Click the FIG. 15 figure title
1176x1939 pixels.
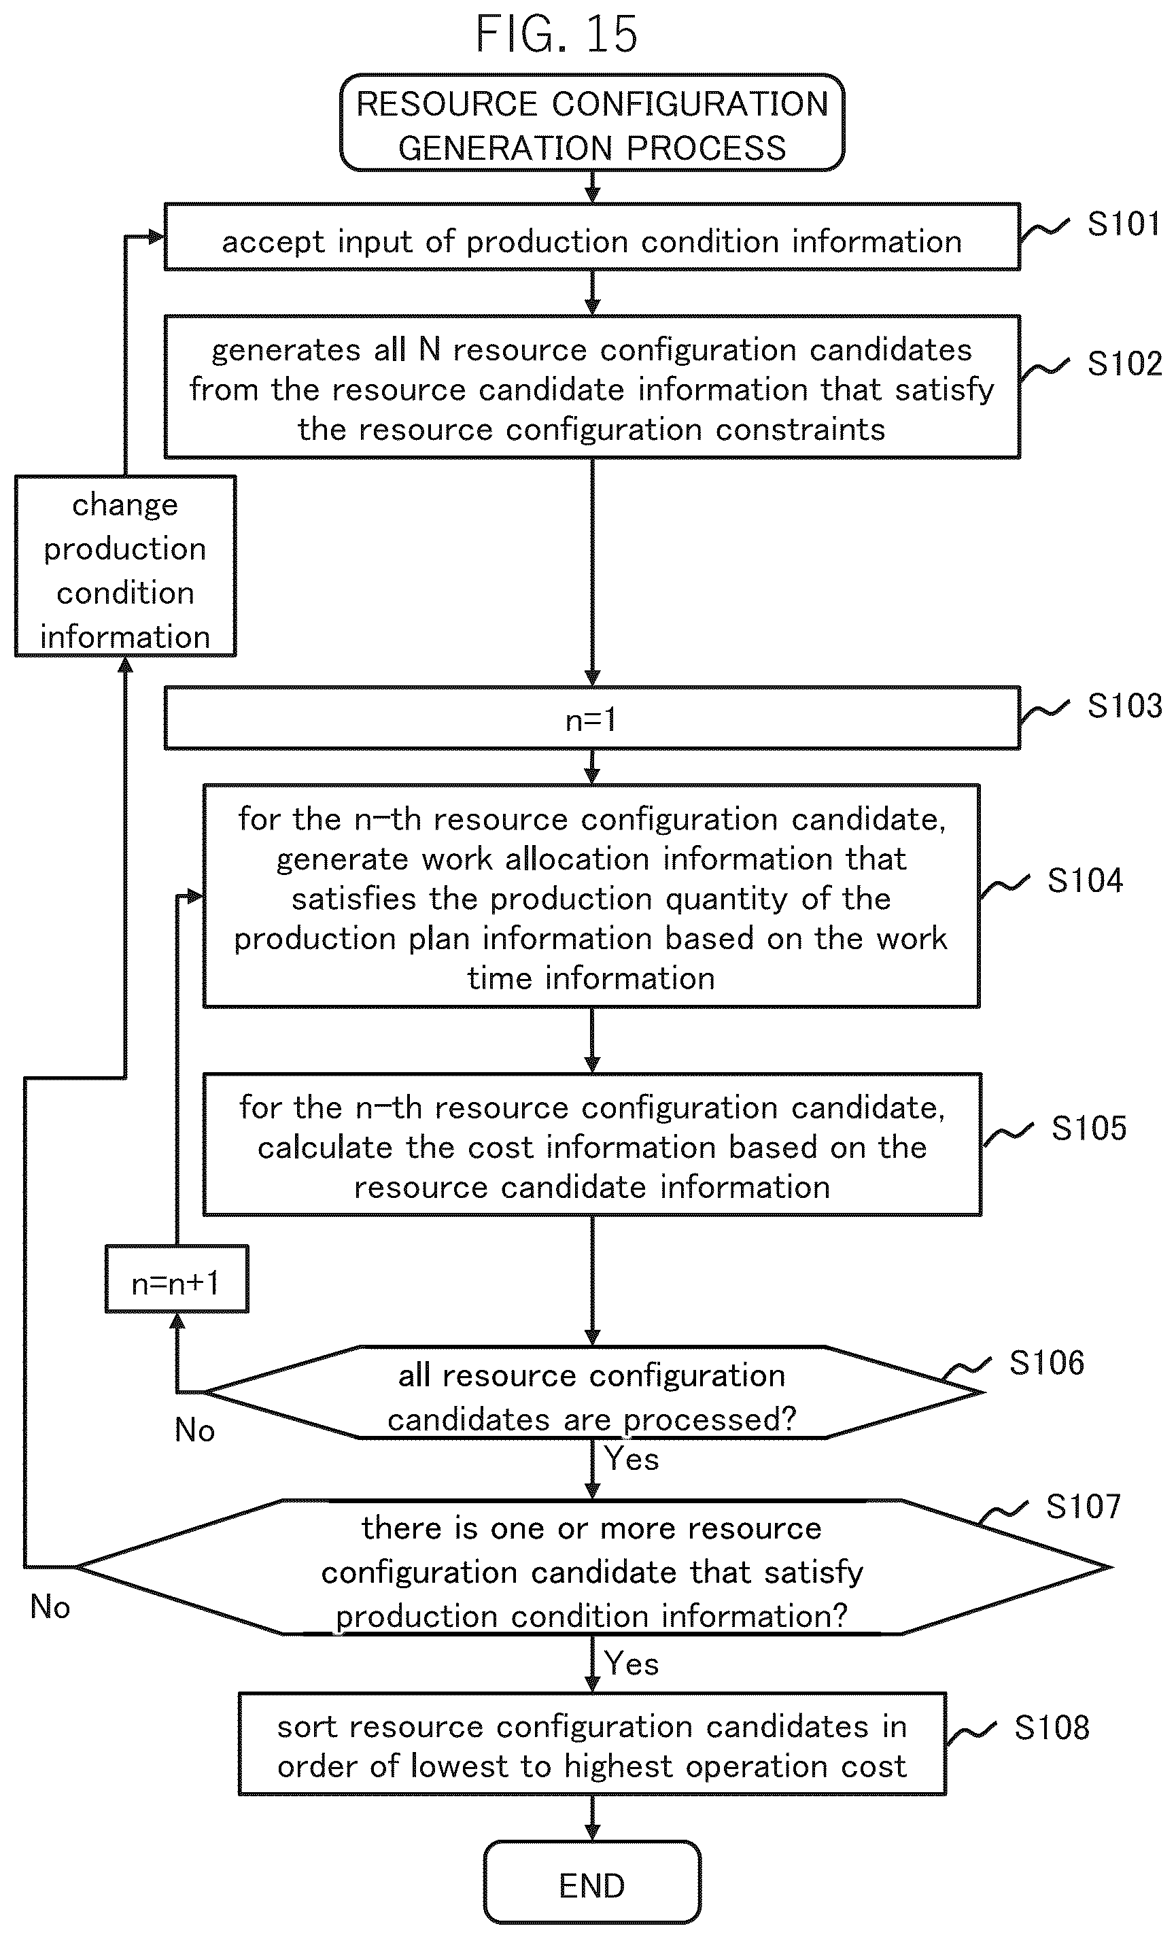tap(556, 34)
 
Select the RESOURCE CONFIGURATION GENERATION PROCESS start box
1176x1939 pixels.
tap(591, 123)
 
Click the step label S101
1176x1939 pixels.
tap(1123, 224)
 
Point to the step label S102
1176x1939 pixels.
tap(1124, 364)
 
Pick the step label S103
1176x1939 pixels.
tap(1124, 706)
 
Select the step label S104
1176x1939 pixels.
tap(1085, 880)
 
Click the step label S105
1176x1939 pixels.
tap(1089, 1129)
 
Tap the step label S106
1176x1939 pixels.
tap(1046, 1363)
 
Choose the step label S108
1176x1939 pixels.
tap(1052, 1728)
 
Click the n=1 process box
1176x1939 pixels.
tap(591, 718)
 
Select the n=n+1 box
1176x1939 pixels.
tap(177, 1279)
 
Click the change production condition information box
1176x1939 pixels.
tap(125, 566)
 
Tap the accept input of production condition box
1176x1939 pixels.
tap(591, 237)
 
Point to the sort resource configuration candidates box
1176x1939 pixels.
tap(591, 1745)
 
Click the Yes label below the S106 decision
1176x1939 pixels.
tap(631, 1459)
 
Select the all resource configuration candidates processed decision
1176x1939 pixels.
tap(591, 1392)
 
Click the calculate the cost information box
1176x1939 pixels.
tap(591, 1145)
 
